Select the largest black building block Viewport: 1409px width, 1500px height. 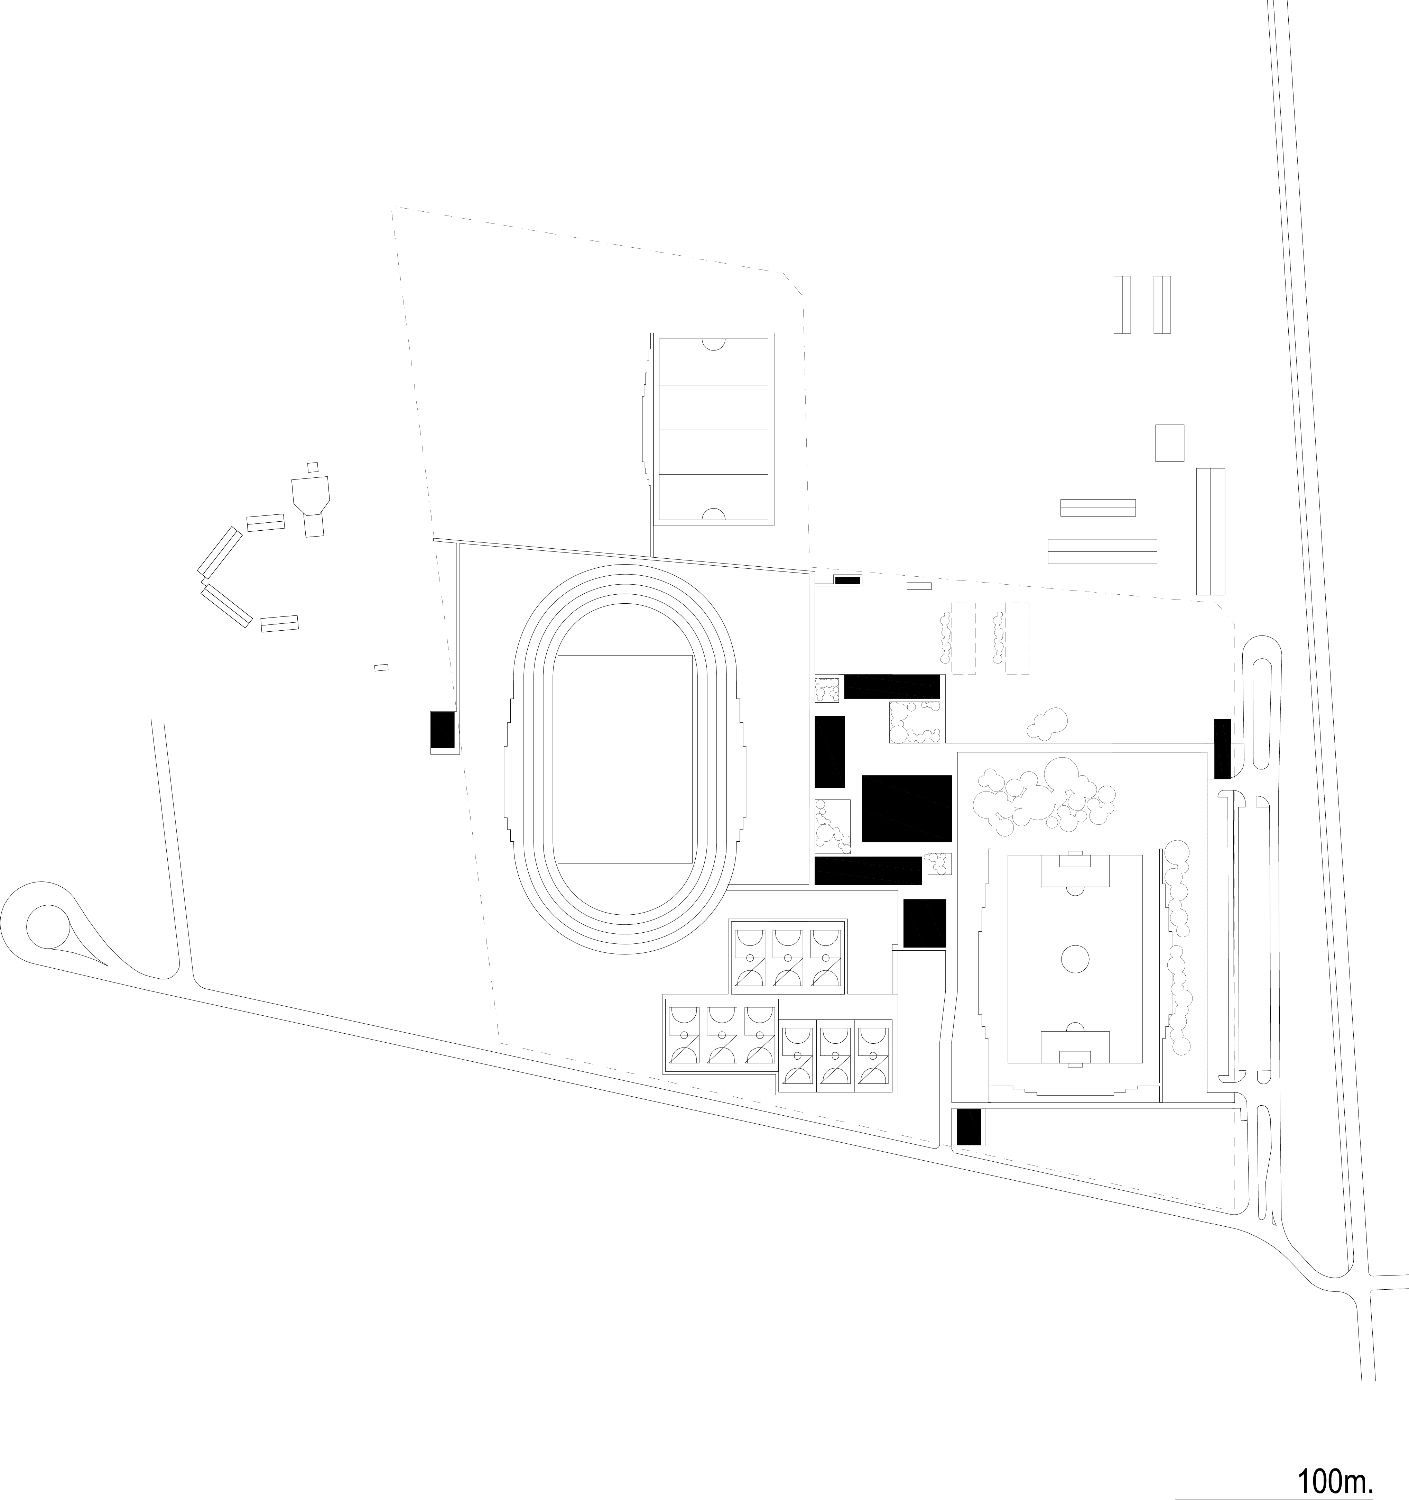click(x=907, y=808)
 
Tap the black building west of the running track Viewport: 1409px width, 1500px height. click(x=443, y=730)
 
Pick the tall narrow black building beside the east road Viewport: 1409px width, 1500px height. click(x=1222, y=749)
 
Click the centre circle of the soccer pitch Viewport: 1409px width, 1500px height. click(x=1075, y=958)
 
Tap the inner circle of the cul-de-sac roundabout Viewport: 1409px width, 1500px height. click(x=48, y=926)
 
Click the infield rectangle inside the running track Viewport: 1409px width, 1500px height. click(x=624, y=759)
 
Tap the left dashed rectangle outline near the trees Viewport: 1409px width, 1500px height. click(x=963, y=638)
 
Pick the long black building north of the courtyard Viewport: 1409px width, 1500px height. click(x=892, y=686)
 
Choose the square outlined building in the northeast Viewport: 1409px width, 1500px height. click(x=1169, y=443)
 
